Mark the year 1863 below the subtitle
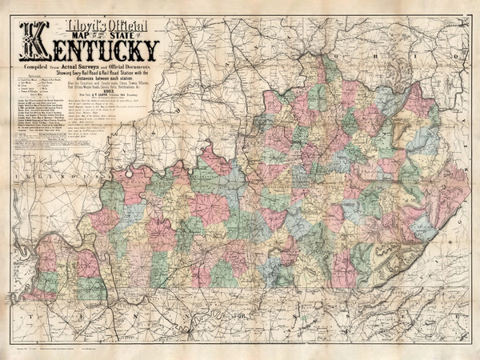click(x=103, y=93)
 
